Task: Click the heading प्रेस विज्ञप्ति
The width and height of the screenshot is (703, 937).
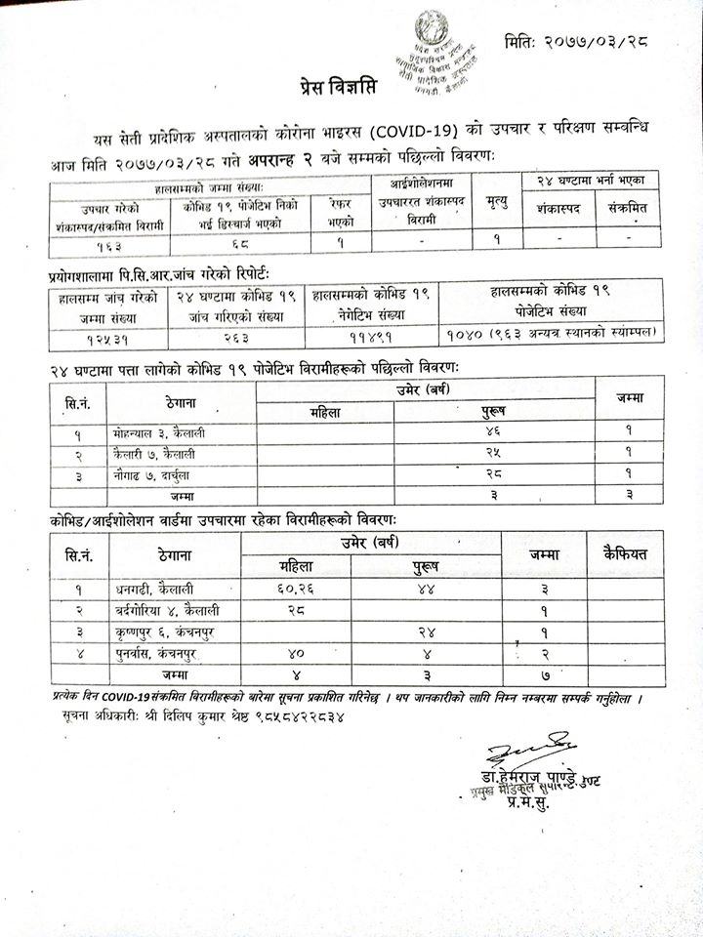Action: [338, 90]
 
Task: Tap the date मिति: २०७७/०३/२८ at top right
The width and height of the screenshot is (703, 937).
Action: [577, 42]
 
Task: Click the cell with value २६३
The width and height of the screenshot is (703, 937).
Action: [237, 335]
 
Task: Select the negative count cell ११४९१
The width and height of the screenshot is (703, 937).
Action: [371, 334]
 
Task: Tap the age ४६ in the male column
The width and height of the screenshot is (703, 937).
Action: [492, 430]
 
